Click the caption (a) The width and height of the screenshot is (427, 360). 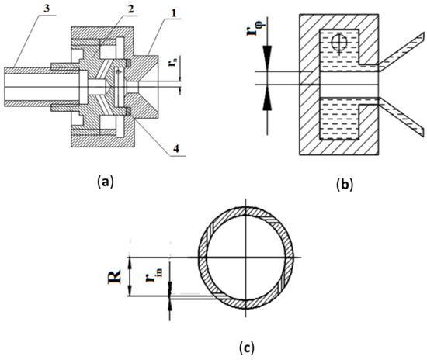coord(104,182)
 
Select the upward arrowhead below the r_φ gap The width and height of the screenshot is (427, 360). coord(266,95)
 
